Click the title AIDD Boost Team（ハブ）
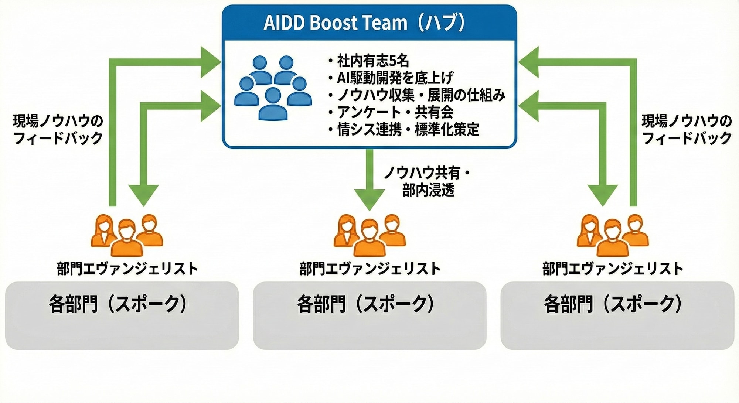pos(364,23)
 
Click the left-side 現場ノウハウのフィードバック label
pos(58,129)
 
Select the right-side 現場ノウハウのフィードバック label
pos(687,129)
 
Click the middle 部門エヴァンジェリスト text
pos(370,269)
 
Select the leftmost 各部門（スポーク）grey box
pos(122,315)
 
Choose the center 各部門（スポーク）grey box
pos(369,315)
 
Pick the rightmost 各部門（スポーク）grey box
pos(617,315)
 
